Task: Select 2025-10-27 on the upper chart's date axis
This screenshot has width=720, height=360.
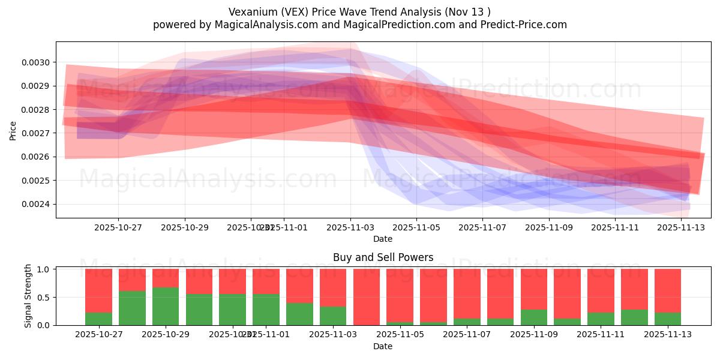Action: pyautogui.click(x=118, y=227)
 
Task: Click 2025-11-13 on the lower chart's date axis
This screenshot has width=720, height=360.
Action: pyautogui.click(x=668, y=334)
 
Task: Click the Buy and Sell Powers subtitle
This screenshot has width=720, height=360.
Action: pyautogui.click(x=383, y=257)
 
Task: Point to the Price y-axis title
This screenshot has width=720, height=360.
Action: pyautogui.click(x=13, y=130)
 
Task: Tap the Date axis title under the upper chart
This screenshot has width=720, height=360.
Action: pyautogui.click(x=383, y=239)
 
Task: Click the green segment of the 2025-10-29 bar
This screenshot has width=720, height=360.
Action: pyautogui.click(x=166, y=307)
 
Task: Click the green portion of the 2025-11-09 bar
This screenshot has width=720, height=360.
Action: pyautogui.click(x=534, y=317)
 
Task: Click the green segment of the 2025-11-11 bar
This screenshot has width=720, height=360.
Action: pyautogui.click(x=601, y=319)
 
